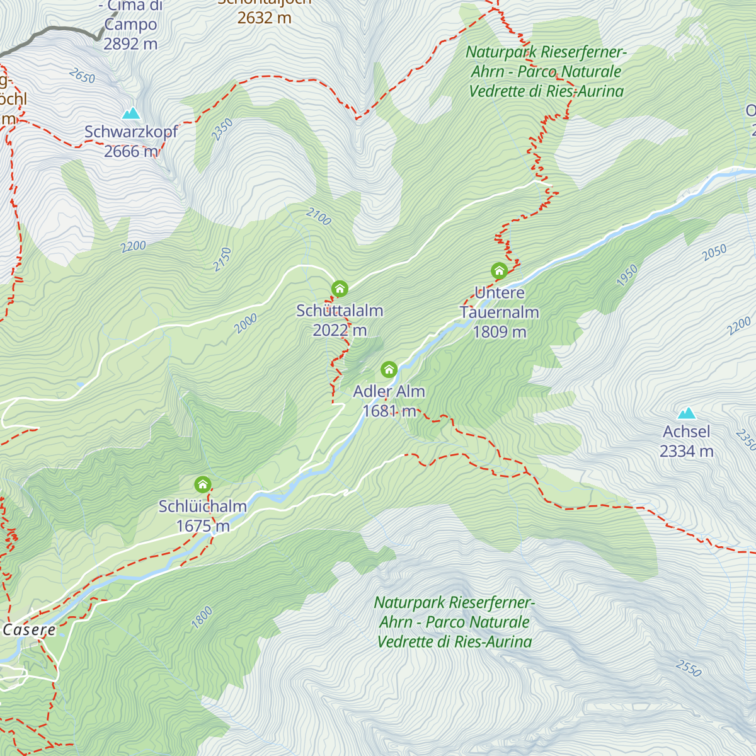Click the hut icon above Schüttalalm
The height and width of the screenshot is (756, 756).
coord(340,289)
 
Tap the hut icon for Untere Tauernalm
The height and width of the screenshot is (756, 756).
coord(499,272)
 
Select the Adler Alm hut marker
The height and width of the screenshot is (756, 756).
coord(389,369)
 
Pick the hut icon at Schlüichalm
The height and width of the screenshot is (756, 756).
coord(202,484)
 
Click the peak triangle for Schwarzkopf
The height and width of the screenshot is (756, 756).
coord(131,113)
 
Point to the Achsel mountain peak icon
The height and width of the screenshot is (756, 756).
coord(686,413)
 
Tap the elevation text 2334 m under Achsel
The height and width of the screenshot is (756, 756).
coord(686,451)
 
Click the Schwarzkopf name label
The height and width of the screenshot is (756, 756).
coord(131,132)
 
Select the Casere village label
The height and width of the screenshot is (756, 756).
coord(29,630)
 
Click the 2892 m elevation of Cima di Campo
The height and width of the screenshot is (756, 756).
coord(130,44)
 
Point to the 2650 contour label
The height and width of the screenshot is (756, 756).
coord(82,77)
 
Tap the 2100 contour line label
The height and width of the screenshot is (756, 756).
coord(319,217)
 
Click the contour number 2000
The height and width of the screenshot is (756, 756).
coord(246,324)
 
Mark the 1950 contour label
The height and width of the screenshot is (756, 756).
coord(627,276)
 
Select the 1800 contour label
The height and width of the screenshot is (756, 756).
coord(202,617)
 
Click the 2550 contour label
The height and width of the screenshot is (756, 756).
coord(689,668)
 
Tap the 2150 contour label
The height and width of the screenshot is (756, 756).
coord(222,260)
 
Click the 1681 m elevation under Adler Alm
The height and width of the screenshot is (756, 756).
coord(389,411)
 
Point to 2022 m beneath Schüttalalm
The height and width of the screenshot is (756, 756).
coord(340,330)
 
